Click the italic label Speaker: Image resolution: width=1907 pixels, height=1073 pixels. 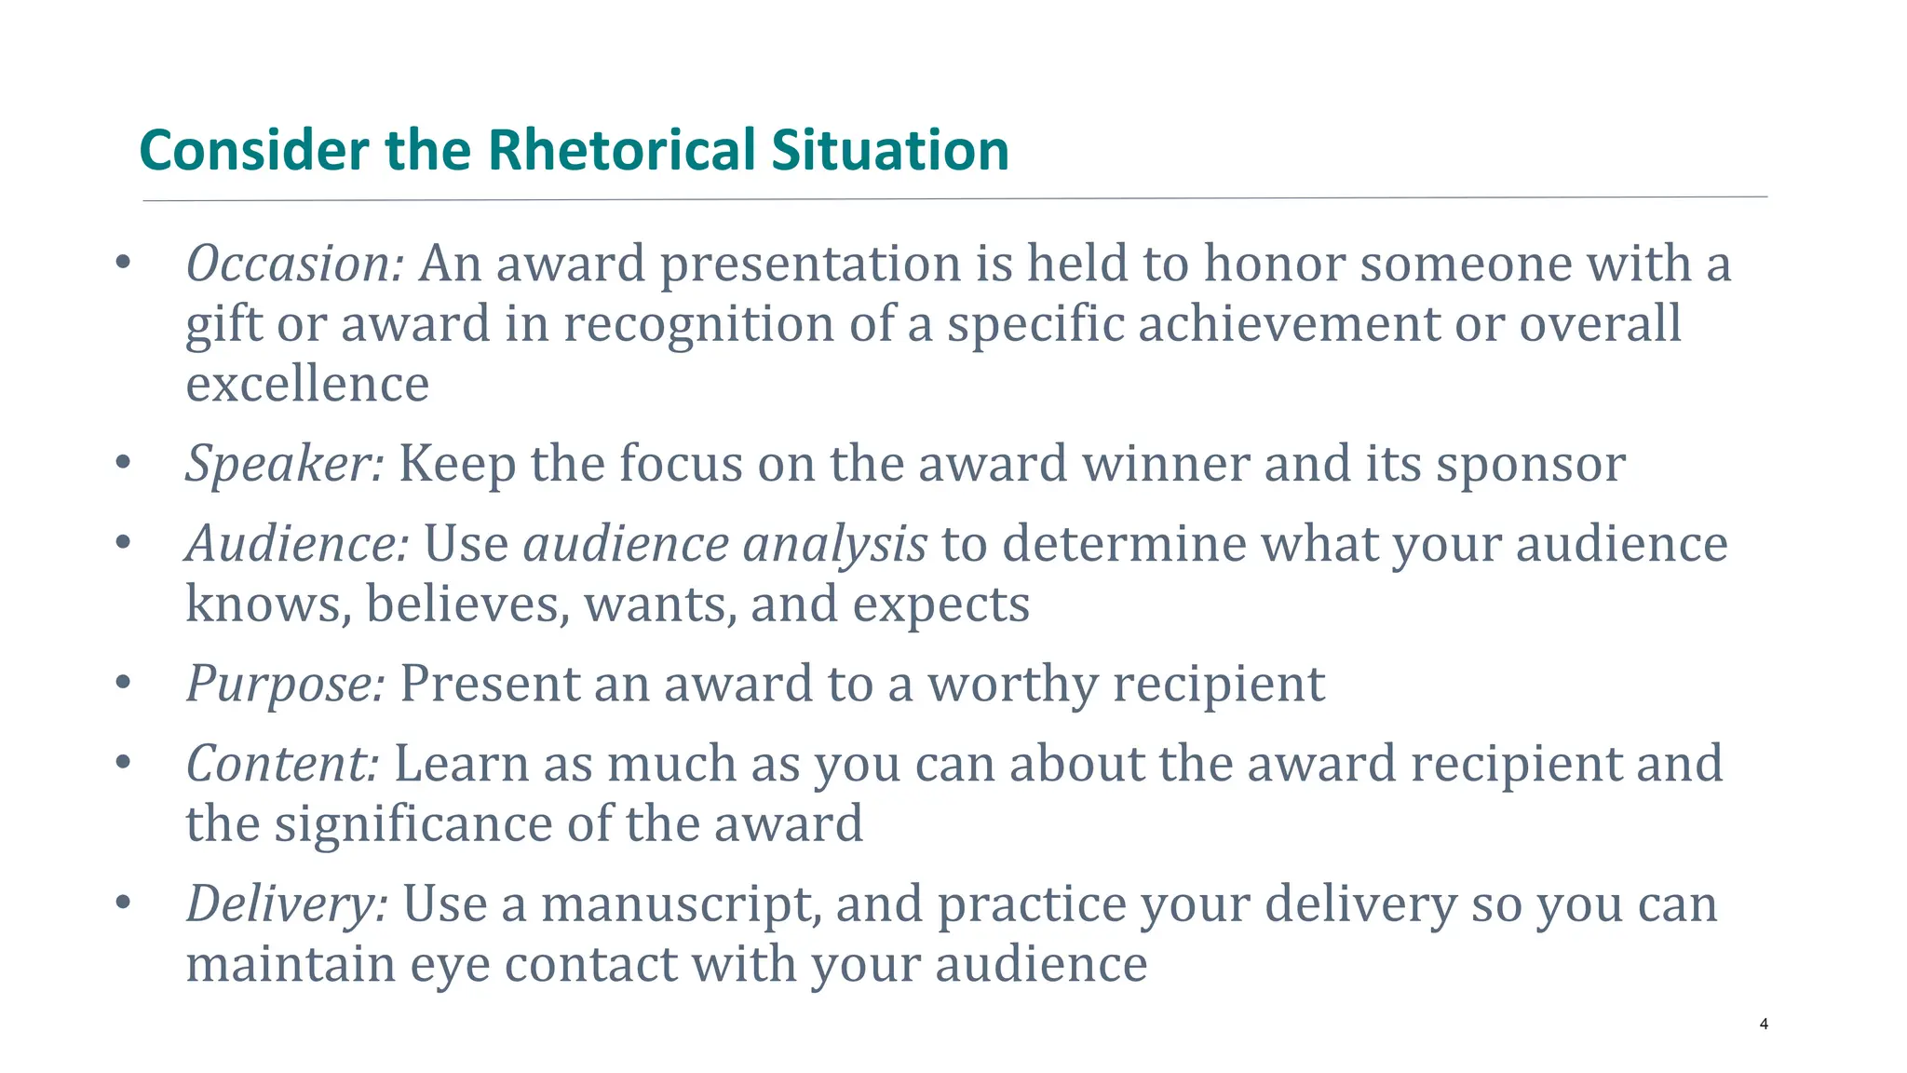284,464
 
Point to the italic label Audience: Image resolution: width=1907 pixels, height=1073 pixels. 297,544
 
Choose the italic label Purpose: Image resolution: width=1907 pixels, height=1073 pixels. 285,685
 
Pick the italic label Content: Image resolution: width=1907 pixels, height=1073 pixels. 282,764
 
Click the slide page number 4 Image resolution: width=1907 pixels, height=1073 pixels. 1764,1025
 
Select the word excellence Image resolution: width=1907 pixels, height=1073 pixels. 307,385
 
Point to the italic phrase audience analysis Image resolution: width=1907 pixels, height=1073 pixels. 724,544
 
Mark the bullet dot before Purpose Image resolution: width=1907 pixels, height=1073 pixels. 123,684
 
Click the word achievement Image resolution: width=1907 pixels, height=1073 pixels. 1289,325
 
